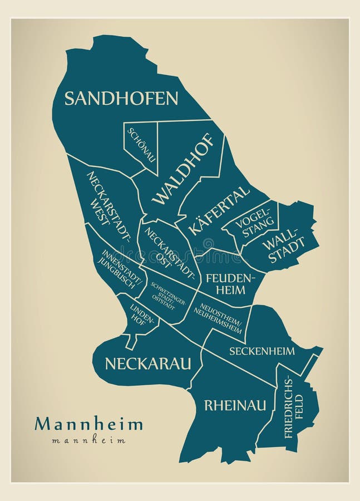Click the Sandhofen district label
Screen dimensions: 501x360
pyautogui.click(x=121, y=99)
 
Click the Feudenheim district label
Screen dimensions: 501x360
pyautogui.click(x=230, y=283)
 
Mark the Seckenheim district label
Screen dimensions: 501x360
pyautogui.click(x=262, y=351)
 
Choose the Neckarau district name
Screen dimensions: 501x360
pyautogui.click(x=147, y=364)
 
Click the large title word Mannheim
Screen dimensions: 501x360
pyautogui.click(x=88, y=424)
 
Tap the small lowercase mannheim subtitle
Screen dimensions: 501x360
pyautogui.click(x=88, y=440)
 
